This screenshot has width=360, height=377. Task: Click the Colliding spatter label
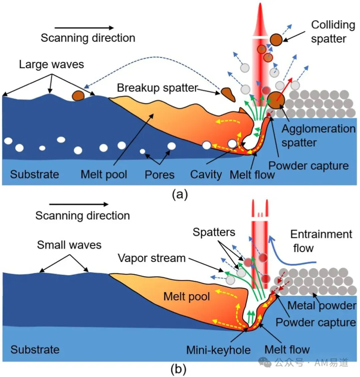[x=333, y=31]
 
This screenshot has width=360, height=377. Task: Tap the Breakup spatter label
[x=158, y=88]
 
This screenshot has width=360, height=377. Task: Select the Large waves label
[x=51, y=64]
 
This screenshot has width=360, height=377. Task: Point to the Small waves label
[x=69, y=245]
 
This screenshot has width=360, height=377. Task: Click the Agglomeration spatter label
[x=318, y=136]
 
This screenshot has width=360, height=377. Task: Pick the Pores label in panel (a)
[x=159, y=175]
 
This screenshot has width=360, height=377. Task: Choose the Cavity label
[x=206, y=175]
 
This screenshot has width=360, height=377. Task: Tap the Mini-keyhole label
[x=218, y=350]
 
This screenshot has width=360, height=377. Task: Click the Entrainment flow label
[x=321, y=241]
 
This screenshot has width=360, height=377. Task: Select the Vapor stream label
[x=152, y=258]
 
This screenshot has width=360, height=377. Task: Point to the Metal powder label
[x=322, y=306]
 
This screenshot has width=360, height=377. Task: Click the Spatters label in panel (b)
[x=214, y=232]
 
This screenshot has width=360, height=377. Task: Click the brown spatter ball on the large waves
[x=78, y=95]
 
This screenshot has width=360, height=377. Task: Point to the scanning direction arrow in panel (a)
[x=84, y=28]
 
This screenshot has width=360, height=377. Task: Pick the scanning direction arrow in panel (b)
[x=79, y=204]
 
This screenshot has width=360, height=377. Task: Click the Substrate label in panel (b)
[x=35, y=350]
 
